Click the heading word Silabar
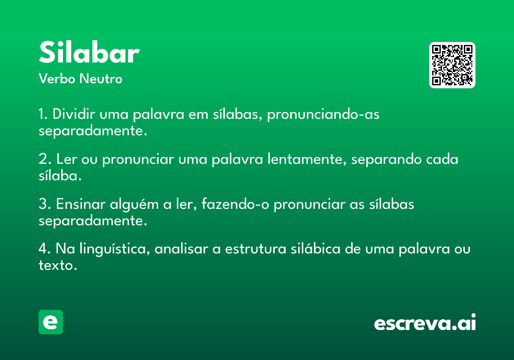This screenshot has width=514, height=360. click(89, 52)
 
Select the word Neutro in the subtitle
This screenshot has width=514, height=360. click(101, 78)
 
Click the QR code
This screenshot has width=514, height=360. click(452, 65)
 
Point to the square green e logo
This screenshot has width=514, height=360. click(51, 322)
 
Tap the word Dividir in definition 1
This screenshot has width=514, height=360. click(74, 114)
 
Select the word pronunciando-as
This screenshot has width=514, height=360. click(323, 114)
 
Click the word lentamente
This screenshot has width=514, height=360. click(307, 159)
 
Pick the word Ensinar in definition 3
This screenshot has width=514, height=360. click(81, 204)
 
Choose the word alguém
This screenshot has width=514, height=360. click(134, 204)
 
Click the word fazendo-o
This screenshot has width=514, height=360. click(235, 204)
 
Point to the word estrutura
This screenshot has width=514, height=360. click(256, 249)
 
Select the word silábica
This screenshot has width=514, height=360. click(316, 249)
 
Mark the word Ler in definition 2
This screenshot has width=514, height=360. click(66, 159)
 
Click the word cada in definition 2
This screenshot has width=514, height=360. click(442, 159)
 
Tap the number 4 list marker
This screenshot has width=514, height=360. click(43, 249)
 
